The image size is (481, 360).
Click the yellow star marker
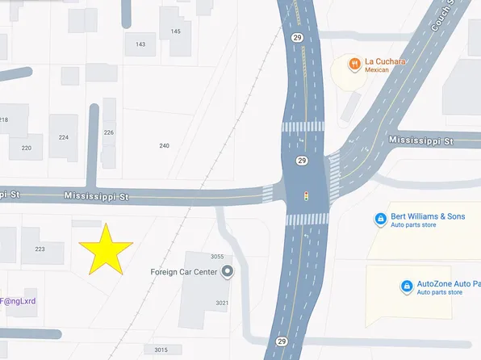tap(105, 250)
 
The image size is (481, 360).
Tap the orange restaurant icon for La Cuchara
tap(353, 63)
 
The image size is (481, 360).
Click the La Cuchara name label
tap(387, 61)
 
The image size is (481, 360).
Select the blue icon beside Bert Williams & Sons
tap(380, 220)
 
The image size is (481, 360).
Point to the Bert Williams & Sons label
tap(428, 216)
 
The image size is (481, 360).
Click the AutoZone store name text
tap(448, 284)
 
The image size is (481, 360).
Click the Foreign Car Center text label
tap(184, 272)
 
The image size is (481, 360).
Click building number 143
tap(140, 44)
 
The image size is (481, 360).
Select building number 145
tap(175, 31)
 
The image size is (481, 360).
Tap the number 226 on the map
tap(109, 132)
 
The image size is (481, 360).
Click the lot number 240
tap(165, 145)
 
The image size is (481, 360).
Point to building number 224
tap(64, 137)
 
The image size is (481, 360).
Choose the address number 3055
tap(216, 257)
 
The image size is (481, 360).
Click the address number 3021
tap(222, 303)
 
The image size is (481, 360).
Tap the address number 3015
tap(161, 350)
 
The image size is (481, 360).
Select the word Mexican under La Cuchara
tap(377, 70)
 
